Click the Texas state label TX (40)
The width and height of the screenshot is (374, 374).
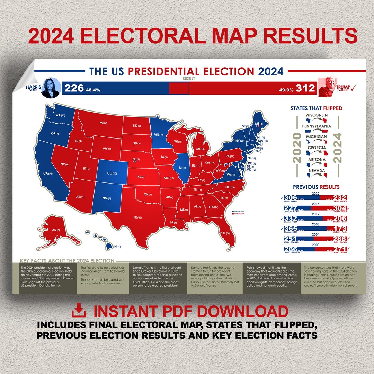(137, 217)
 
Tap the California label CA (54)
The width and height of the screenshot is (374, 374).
(48, 173)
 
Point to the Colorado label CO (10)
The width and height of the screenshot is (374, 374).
(112, 173)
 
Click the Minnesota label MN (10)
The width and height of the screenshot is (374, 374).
(159, 134)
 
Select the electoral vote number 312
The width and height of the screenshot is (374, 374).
(305, 89)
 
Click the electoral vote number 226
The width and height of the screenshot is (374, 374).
(74, 88)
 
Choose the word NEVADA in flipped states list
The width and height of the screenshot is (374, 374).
(317, 171)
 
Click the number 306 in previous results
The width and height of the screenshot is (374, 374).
(290, 198)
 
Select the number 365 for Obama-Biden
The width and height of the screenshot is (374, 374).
(290, 229)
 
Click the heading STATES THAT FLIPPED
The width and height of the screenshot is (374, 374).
(316, 108)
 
